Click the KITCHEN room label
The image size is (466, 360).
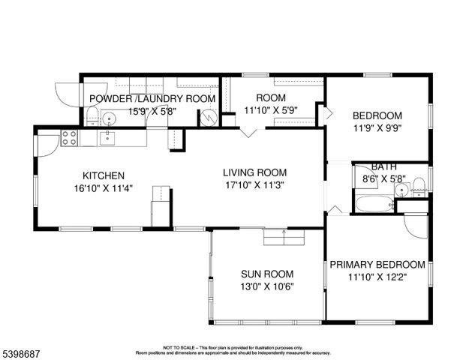(x=98, y=175)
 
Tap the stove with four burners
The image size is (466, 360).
(x=70, y=137)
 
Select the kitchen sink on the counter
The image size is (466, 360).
(x=108, y=136)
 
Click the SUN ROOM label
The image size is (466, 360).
(x=267, y=274)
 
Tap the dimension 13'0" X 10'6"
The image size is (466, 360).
(x=267, y=286)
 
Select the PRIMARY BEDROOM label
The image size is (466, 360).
(x=377, y=265)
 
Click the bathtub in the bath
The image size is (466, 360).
(x=374, y=203)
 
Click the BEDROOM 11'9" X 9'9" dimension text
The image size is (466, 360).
(x=377, y=128)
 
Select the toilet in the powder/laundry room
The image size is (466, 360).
(x=92, y=117)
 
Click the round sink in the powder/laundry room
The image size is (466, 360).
(x=109, y=118)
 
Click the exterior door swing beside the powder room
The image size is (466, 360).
(x=68, y=94)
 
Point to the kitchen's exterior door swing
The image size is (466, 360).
(x=47, y=144)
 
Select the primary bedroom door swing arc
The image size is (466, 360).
(x=416, y=226)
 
